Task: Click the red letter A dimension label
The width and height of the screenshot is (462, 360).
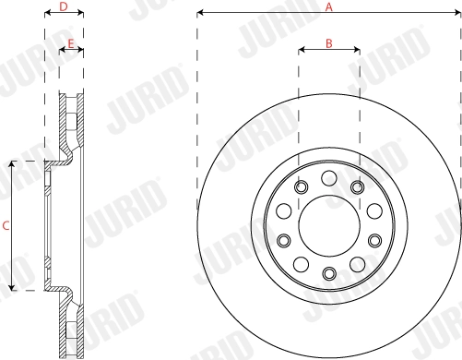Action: [327, 6]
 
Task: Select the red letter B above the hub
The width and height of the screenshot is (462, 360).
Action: [328, 42]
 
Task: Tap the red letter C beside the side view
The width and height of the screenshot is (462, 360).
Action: [6, 225]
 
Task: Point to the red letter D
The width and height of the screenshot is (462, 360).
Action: [63, 6]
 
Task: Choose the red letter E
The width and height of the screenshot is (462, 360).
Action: [71, 43]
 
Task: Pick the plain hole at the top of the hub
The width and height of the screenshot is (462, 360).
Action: [328, 177]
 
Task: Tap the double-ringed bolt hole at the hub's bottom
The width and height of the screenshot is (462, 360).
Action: [328, 272]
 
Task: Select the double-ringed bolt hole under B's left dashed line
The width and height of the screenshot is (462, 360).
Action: [300, 187]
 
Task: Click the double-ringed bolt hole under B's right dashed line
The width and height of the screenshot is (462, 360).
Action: [357, 187]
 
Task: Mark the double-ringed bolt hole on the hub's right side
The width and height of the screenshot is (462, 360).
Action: [374, 240]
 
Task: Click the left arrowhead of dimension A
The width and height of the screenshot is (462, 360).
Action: [200, 14]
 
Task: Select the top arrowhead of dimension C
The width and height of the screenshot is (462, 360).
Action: [11, 163]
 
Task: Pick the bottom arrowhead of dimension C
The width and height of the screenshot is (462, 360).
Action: [11, 287]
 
